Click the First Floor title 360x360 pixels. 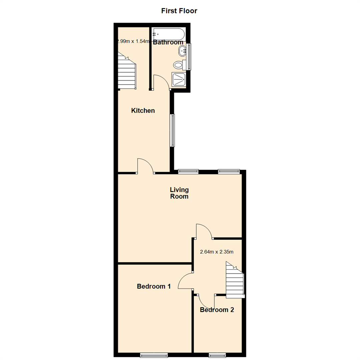179,11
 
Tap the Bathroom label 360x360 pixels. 168,42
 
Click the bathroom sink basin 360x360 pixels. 182,51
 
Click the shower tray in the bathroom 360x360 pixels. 178,79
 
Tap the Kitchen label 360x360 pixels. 143,110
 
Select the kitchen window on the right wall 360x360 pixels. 172,130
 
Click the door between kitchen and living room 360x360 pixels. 145,166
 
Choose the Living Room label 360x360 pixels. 179,193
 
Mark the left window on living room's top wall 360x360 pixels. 188,171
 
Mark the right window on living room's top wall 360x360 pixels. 229,171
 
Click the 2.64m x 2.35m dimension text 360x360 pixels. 216,252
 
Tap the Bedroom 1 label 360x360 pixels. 154,286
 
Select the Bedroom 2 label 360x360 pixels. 217,310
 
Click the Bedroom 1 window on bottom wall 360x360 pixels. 154,355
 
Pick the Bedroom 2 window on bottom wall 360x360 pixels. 217,355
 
